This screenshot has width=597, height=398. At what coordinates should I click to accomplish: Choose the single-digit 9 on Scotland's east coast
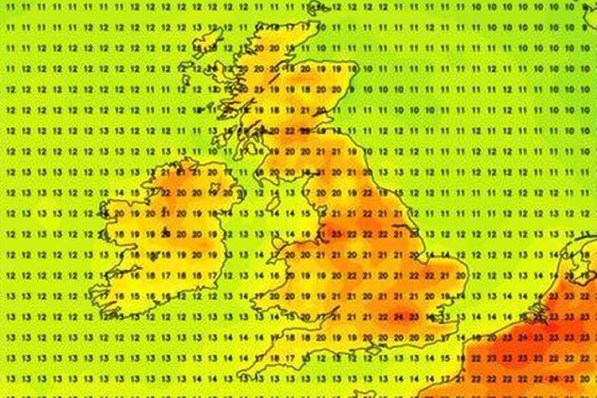point(352,89)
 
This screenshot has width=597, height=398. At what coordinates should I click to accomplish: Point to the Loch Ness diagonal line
point(273,77)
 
